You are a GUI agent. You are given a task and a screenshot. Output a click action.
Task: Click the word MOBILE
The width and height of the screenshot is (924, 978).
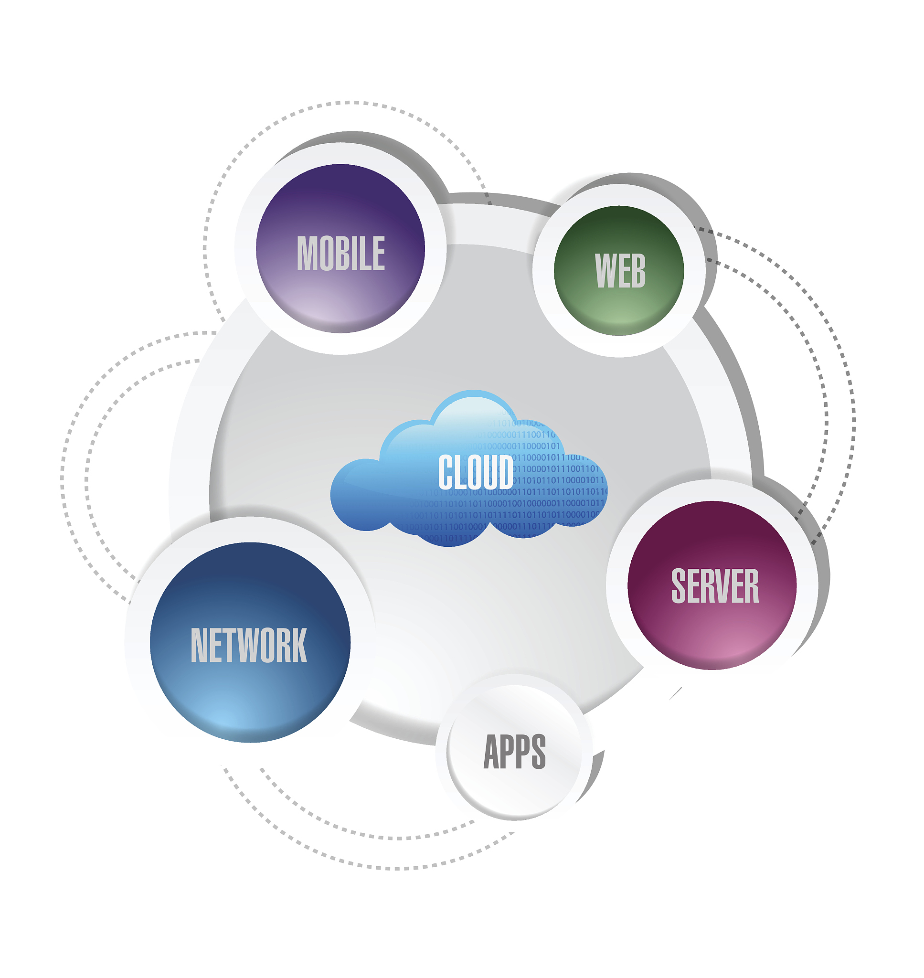point(341,253)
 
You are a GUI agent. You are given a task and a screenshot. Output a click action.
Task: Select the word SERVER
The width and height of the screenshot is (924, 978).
point(715,585)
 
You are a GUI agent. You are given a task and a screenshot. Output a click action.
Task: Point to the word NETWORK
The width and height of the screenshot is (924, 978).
point(249,645)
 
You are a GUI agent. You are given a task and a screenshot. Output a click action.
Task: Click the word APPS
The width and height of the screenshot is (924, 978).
point(515,752)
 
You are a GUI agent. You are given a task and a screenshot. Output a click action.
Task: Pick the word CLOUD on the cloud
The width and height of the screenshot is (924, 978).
point(475,472)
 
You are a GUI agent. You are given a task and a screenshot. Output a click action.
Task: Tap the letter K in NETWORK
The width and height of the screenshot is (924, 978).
point(298,645)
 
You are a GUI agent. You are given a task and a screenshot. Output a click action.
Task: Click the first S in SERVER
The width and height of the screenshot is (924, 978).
point(679,585)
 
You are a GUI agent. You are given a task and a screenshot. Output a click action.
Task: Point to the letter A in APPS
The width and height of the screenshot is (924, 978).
point(492,752)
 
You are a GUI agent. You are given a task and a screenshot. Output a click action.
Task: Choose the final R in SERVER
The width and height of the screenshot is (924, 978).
point(752,585)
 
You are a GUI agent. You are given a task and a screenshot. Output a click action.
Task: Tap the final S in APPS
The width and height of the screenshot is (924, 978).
point(538,752)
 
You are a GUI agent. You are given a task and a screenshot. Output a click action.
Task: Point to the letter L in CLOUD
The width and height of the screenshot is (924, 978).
point(460,472)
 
